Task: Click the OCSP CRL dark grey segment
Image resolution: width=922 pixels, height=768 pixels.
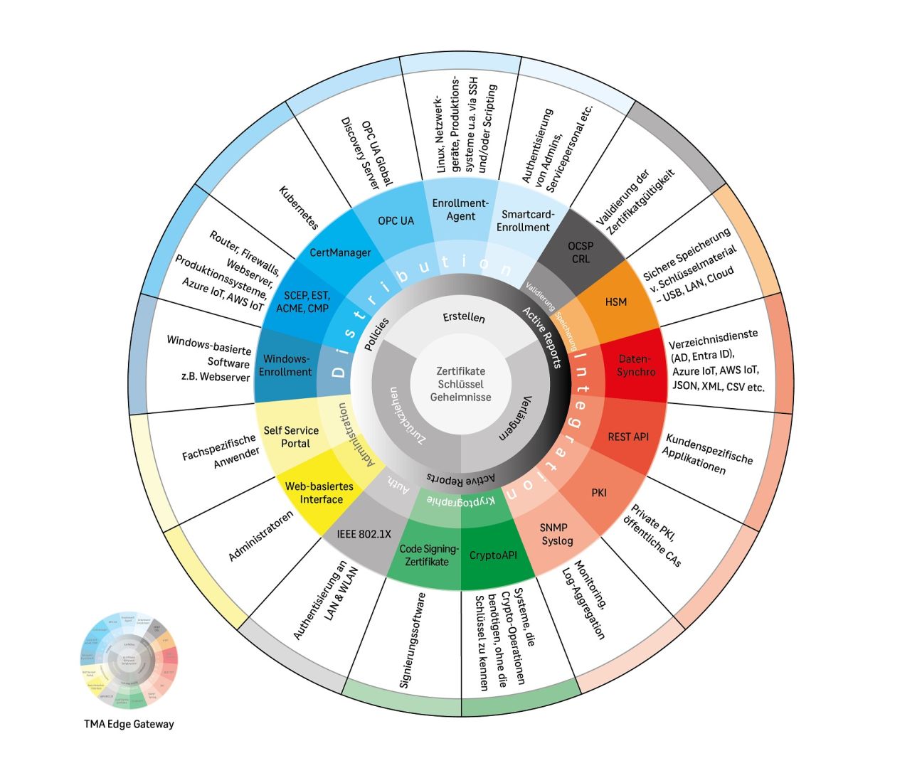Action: click(x=580, y=252)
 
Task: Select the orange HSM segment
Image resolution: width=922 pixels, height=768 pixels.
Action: click(x=616, y=302)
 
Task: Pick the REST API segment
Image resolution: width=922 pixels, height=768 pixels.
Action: click(x=627, y=437)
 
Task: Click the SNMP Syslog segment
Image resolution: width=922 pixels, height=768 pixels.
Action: click(x=556, y=534)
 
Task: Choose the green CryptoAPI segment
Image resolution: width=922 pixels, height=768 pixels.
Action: click(x=493, y=555)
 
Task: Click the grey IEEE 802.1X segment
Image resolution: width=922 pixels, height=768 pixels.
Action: click(x=364, y=534)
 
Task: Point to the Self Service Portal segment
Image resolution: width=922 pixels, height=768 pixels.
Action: click(x=292, y=437)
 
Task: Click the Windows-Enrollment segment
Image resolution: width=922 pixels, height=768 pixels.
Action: click(x=285, y=365)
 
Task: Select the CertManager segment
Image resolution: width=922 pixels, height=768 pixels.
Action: click(x=340, y=252)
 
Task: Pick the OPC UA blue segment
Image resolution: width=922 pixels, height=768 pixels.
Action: click(x=396, y=220)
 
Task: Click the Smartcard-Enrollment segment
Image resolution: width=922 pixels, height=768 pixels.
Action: click(x=525, y=220)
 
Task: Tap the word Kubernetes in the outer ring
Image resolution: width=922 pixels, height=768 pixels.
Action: click(x=298, y=207)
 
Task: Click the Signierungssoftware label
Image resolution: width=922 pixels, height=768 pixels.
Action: click(x=413, y=640)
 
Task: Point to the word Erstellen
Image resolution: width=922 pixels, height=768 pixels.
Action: click(x=464, y=317)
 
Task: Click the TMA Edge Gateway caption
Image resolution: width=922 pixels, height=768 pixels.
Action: click(x=129, y=724)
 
